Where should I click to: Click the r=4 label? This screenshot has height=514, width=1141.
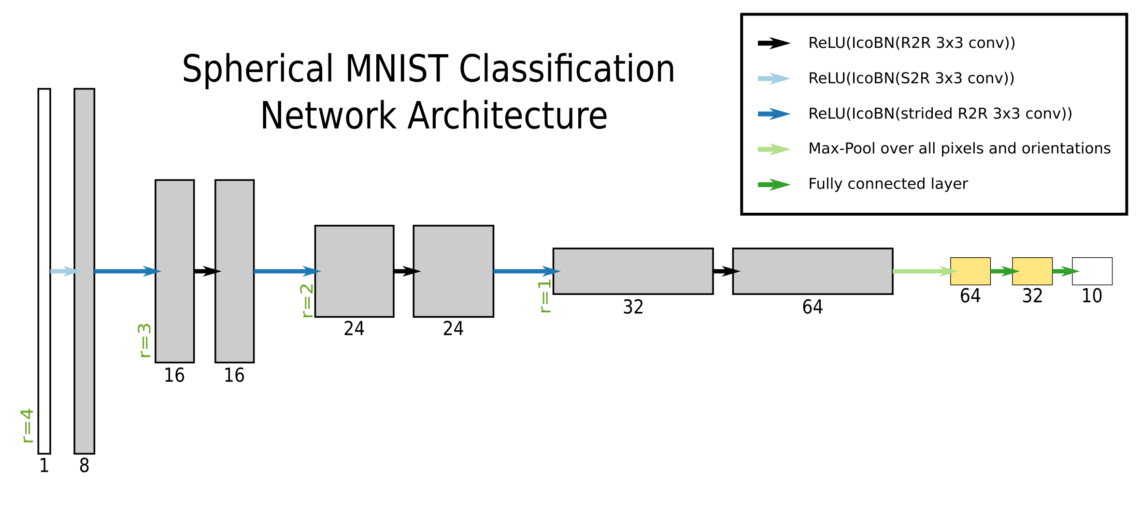coord(28,426)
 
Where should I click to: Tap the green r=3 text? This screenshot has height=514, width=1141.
coord(144,340)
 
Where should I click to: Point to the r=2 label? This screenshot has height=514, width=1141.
coord(307,300)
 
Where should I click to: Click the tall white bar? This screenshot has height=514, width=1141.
coord(44,271)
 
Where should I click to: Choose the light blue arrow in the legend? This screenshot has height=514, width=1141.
coord(774,78)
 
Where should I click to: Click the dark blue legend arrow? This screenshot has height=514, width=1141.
coord(774,114)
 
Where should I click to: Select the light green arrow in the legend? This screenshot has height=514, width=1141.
coord(774,149)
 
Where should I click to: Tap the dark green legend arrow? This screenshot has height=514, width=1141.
coord(774,185)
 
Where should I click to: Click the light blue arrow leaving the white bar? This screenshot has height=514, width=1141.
coord(64,271)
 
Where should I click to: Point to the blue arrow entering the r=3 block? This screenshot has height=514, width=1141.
coord(127,271)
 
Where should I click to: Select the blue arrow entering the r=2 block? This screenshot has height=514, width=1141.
coord(286,271)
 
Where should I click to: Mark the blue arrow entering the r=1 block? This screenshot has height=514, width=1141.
coord(526,271)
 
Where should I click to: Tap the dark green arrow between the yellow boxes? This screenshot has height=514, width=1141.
coord(1004,271)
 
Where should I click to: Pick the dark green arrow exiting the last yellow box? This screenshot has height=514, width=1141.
coord(1066,271)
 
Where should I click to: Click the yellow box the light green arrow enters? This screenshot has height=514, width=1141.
coord(970,271)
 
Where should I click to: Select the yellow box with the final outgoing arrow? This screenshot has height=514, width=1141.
coord(1032,271)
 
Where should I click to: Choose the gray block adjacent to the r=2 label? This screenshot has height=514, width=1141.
coord(354,271)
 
